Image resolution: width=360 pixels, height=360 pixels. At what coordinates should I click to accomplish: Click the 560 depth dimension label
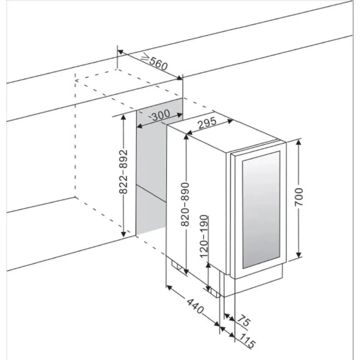point(158,64)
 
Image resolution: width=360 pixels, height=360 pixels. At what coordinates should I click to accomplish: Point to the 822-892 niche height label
point(124,172)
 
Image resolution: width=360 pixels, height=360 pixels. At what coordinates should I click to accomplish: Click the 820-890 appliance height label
point(185,204)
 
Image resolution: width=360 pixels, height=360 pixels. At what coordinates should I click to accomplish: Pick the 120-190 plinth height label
point(204,236)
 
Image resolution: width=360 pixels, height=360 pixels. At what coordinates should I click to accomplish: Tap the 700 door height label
point(299,197)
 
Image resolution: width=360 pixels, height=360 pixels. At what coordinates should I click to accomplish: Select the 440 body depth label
point(195,306)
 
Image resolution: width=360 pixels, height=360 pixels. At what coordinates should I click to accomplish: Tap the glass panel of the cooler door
point(261,209)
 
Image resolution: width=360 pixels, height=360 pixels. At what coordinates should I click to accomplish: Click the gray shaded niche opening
point(152,174)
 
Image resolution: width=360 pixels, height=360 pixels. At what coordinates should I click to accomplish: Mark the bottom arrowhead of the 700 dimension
point(299,255)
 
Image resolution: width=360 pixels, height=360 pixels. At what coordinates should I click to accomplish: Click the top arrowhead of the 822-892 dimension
point(124,117)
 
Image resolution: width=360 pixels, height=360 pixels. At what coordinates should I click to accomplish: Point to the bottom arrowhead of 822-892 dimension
point(124,234)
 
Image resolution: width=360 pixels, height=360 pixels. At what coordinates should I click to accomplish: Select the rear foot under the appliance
point(177,267)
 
